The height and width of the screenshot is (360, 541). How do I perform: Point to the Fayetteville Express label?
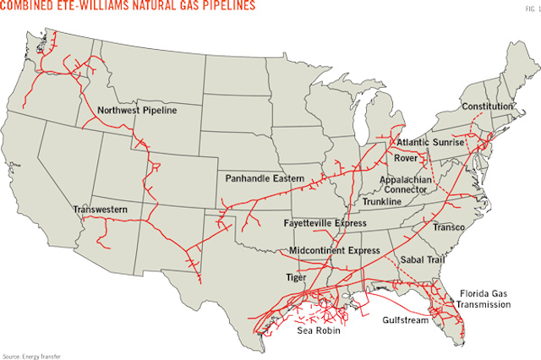(x=325, y=222)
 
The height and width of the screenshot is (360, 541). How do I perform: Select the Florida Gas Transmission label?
(x=487, y=297)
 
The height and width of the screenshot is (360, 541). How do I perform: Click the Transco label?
(x=451, y=226)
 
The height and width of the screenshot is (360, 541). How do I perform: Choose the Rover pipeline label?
(x=406, y=157)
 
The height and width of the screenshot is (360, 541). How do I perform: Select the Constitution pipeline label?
(x=488, y=106)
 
